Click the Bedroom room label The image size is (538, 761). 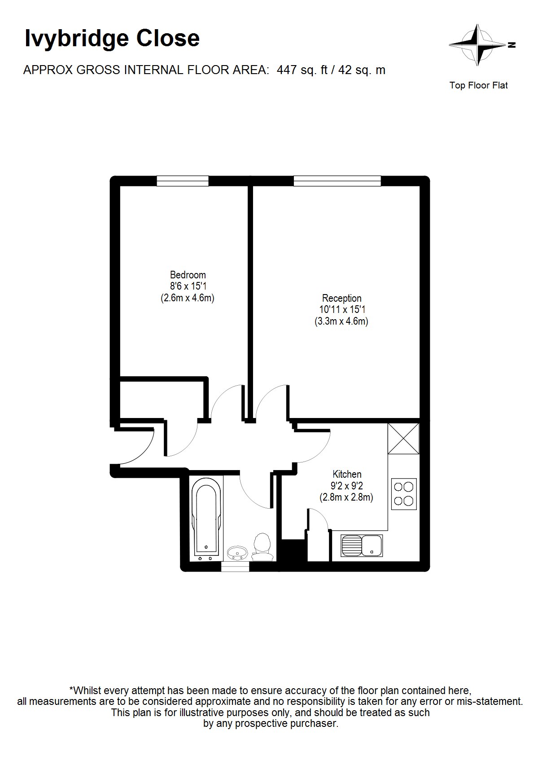[x=188, y=275]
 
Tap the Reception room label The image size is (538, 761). [x=341, y=298]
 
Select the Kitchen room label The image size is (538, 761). [x=347, y=474]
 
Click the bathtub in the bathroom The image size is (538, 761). [x=206, y=519]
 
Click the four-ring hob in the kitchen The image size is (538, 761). [x=404, y=494]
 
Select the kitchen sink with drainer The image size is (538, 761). [x=361, y=545]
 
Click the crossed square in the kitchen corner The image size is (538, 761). [x=403, y=438]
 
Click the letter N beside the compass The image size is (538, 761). [x=512, y=45]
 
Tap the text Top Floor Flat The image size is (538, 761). [x=478, y=85]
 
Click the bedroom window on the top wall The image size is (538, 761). [x=183, y=180]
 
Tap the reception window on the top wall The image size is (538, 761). [x=337, y=180]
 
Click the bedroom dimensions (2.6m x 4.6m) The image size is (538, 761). [x=188, y=298]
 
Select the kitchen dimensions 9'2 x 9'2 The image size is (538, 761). [x=347, y=486]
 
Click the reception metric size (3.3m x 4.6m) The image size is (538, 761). [x=341, y=321]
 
